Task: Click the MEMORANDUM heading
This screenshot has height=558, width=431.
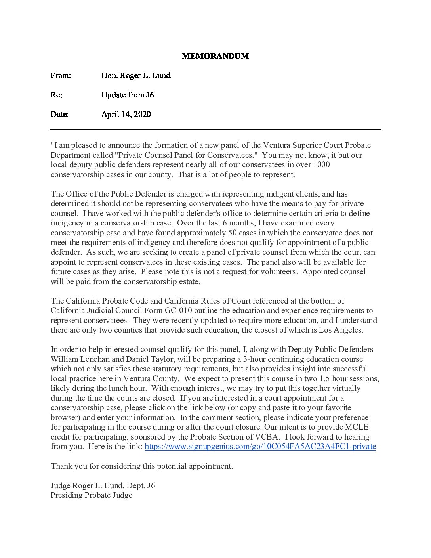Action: coord(215,56)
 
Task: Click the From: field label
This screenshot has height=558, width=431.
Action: coord(61,75)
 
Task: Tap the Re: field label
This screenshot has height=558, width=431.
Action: coord(56,95)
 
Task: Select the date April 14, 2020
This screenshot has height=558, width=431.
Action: coord(126,114)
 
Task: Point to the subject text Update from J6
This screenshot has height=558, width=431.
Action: coord(128,95)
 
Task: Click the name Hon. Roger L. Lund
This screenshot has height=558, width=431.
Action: coord(135,75)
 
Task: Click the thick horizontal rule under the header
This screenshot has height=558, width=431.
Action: coord(215,130)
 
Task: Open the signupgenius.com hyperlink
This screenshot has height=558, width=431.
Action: coord(260,447)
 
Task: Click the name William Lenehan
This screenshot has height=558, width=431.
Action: coord(87,359)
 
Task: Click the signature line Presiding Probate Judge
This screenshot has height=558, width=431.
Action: coord(92,495)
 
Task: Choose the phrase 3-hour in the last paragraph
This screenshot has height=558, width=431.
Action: coord(254,359)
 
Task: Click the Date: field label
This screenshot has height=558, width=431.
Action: coord(59,114)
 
